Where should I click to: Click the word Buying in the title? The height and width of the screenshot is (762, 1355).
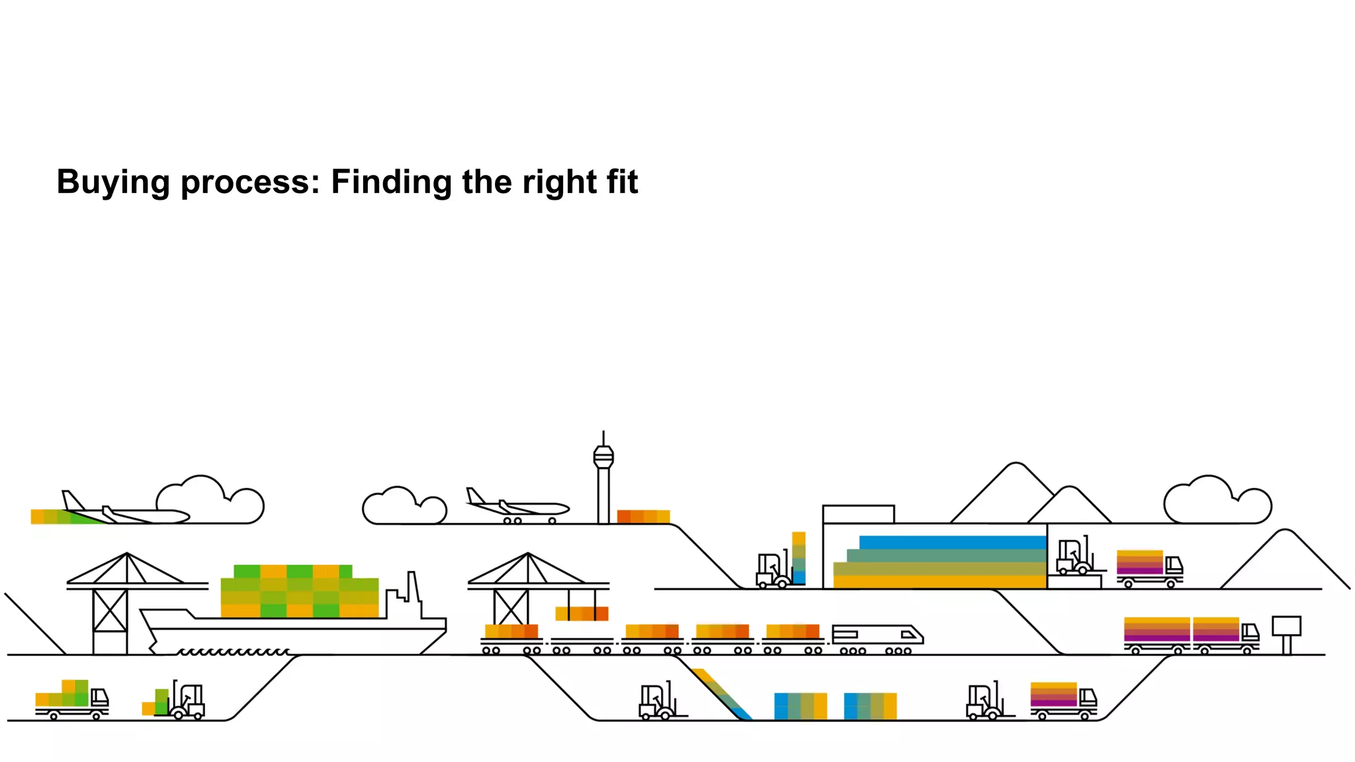click(113, 183)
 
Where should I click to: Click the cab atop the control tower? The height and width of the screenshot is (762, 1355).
click(603, 457)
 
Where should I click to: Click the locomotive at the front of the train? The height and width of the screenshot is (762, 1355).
click(877, 636)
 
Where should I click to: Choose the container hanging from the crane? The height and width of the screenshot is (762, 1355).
click(582, 613)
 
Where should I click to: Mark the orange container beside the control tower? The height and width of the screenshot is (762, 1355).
click(643, 517)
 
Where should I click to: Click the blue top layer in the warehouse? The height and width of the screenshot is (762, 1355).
click(952, 542)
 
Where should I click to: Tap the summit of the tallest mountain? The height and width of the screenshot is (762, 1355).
click(1016, 466)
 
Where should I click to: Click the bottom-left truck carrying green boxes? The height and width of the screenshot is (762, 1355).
click(71, 700)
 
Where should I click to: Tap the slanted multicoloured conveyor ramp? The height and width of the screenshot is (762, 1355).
click(722, 694)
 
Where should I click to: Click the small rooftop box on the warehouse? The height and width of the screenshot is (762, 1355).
click(858, 514)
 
